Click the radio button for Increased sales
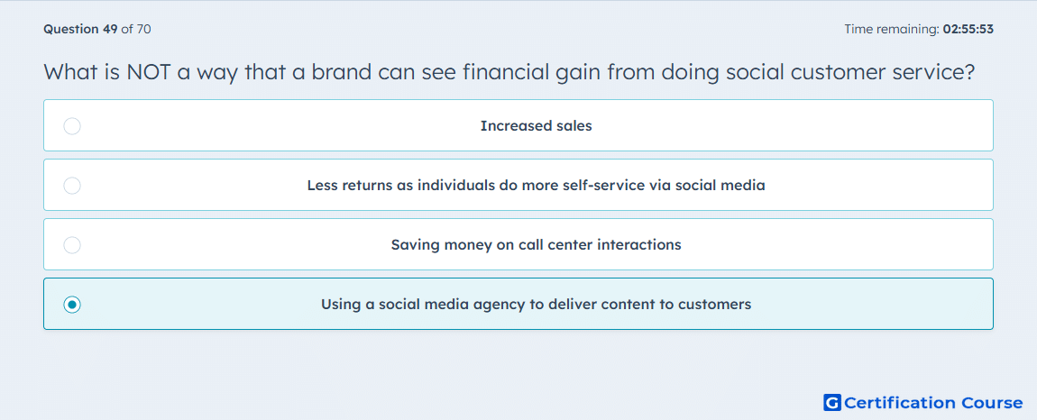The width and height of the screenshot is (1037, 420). [72, 125]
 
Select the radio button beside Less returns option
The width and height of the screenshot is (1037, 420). [72, 185]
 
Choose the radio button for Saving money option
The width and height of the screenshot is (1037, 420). [72, 245]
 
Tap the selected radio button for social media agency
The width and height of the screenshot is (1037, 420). [72, 305]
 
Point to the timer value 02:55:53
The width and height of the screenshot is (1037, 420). [968, 29]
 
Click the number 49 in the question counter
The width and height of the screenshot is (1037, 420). [110, 29]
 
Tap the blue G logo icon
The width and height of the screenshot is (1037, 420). [832, 402]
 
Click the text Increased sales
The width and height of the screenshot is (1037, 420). [537, 125]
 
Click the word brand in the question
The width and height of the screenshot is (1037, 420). [342, 72]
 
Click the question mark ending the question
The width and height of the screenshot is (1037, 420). [969, 72]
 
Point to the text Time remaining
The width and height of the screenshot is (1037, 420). [891, 29]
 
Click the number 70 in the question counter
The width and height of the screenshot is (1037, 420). [143, 29]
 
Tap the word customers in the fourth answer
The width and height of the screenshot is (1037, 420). [718, 305]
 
